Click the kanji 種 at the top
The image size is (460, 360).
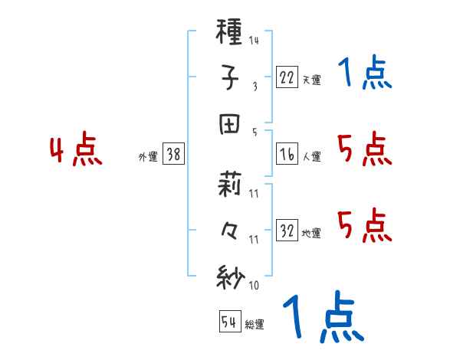[230, 34]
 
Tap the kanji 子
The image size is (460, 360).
[230, 77]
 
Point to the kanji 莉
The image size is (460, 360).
[230, 187]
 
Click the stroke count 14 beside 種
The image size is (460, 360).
[254, 41]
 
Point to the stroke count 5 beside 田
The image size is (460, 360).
[255, 132]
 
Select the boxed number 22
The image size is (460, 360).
[286, 77]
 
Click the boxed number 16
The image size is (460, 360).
[286, 154]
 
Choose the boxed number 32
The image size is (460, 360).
[286, 231]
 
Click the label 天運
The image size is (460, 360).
[311, 80]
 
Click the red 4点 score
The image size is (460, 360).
[76, 151]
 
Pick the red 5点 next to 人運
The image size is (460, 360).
[364, 149]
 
